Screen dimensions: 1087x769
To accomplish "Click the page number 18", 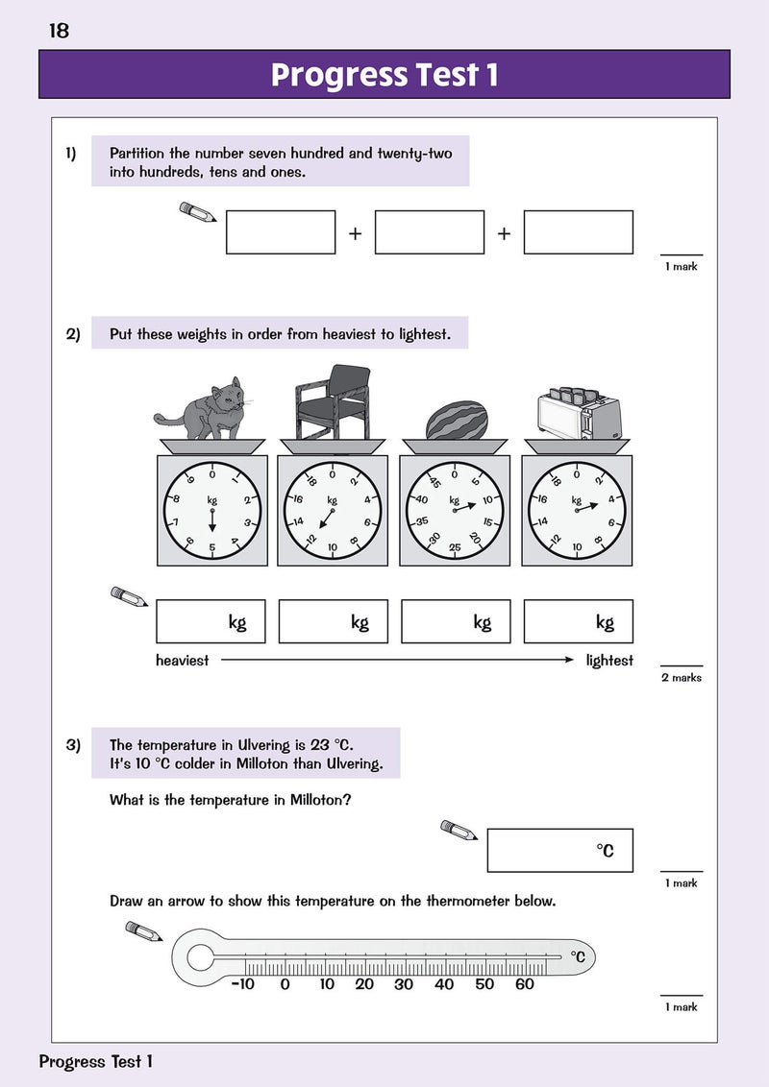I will [x=59, y=31].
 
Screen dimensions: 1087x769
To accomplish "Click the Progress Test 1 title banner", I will [x=384, y=75].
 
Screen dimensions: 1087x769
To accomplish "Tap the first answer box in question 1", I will [x=281, y=232].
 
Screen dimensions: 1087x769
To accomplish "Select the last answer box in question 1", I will [x=578, y=232].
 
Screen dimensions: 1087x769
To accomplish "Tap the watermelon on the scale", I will [x=456, y=421].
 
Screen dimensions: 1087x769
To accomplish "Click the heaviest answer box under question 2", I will [x=211, y=621].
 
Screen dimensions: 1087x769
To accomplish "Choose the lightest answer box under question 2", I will [x=578, y=621].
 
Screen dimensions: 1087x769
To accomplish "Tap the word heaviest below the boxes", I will [x=182, y=661].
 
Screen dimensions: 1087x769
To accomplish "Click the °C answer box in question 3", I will [x=559, y=850].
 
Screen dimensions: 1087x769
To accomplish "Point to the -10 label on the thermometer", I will [x=242, y=984].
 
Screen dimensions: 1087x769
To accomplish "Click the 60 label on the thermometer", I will [x=524, y=984].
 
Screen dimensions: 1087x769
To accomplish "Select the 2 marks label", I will [x=682, y=678].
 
